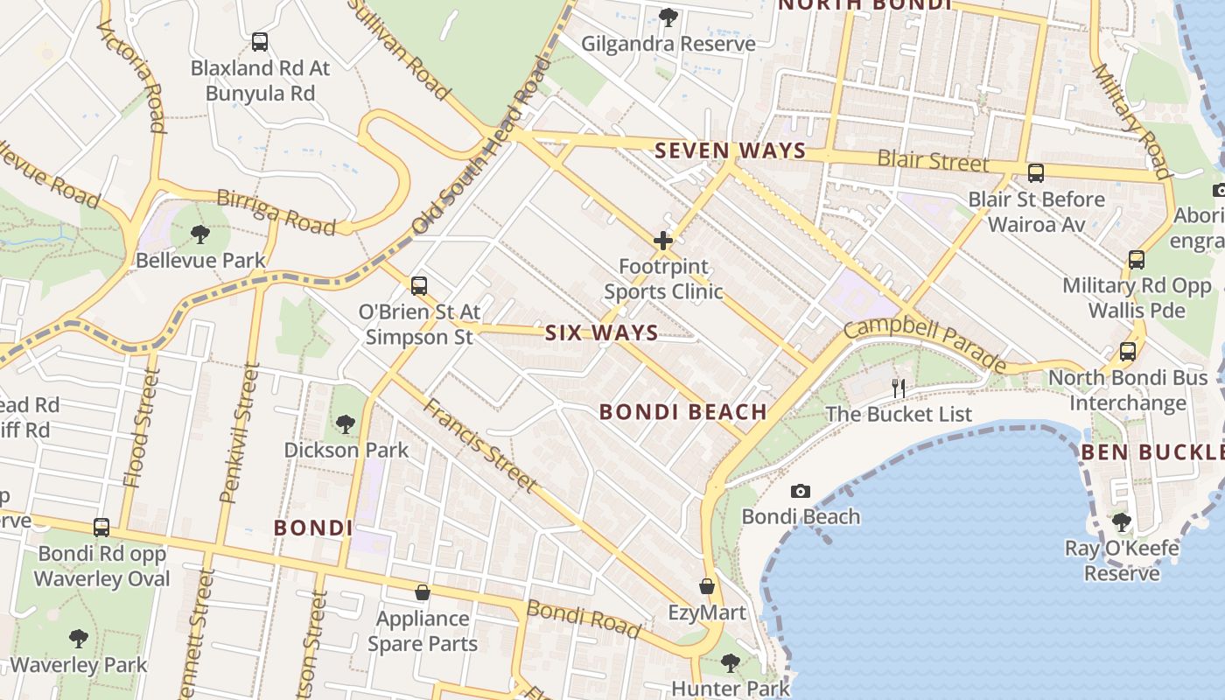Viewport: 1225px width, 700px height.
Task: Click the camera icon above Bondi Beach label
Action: pos(801,492)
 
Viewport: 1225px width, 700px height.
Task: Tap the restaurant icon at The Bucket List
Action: pos(899,388)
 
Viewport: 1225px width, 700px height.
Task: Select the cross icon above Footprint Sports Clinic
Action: pos(662,240)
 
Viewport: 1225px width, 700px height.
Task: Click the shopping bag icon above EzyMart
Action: pos(707,586)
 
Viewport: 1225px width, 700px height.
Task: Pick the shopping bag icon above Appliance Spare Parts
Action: pos(423,593)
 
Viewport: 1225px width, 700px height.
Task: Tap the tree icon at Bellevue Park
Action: pos(200,234)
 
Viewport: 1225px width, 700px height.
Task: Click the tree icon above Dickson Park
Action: pos(346,424)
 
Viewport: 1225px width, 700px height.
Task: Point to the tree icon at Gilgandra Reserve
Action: pos(668,17)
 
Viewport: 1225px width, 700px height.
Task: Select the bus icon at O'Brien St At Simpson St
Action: pos(419,285)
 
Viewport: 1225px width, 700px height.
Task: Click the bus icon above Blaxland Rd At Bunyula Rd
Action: pos(259,41)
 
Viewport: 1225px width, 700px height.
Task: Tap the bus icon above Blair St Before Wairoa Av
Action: pos(1036,172)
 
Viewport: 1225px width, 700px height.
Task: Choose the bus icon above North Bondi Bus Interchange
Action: pos(1128,352)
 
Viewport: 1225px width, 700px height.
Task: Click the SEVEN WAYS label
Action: pos(730,150)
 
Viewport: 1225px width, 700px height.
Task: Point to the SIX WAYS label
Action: pos(602,332)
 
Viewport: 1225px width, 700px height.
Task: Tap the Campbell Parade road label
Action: pos(925,344)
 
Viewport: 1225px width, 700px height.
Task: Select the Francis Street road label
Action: pos(480,444)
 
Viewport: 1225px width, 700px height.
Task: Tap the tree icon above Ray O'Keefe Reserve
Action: pos(1122,522)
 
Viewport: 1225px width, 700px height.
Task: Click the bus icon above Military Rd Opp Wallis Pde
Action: pos(1136,259)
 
